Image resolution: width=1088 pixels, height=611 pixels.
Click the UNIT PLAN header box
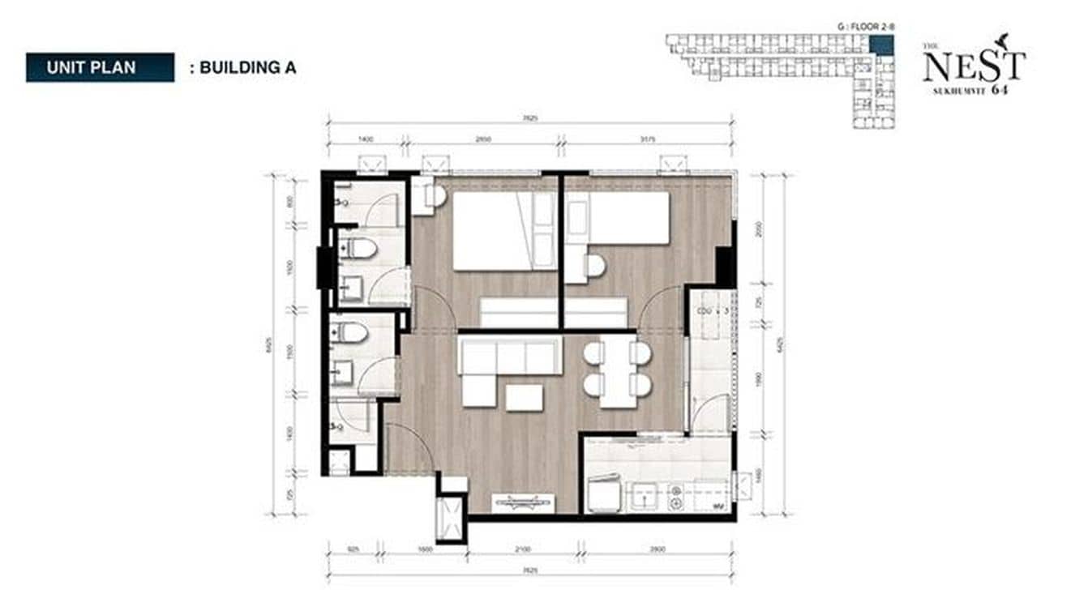[x=100, y=67]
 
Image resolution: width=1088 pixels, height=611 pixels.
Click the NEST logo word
[x=973, y=66]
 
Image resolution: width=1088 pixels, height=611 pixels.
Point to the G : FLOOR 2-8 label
[x=866, y=27]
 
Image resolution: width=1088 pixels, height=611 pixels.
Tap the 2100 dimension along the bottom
[x=523, y=549]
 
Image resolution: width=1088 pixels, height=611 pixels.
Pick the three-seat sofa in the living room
[x=510, y=357]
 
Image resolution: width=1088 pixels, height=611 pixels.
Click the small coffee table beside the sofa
[x=524, y=397]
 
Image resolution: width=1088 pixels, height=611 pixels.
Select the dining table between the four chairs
[x=617, y=373]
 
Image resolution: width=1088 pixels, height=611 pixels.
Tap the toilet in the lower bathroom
[x=350, y=332]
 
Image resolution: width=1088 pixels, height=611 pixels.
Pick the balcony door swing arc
[x=711, y=413]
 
